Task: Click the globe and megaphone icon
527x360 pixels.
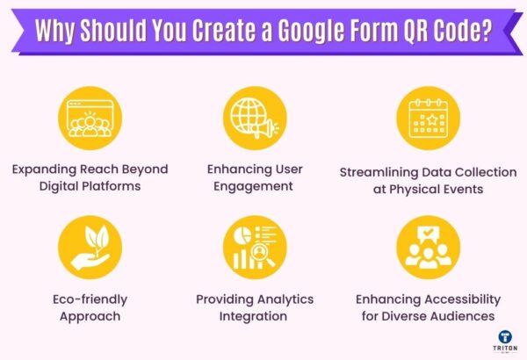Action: (x=254, y=119)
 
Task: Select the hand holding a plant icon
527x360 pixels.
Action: (x=89, y=247)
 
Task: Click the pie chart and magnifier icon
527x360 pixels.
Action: (x=254, y=247)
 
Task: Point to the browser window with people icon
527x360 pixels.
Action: (x=89, y=119)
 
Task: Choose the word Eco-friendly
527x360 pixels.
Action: (x=89, y=299)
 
